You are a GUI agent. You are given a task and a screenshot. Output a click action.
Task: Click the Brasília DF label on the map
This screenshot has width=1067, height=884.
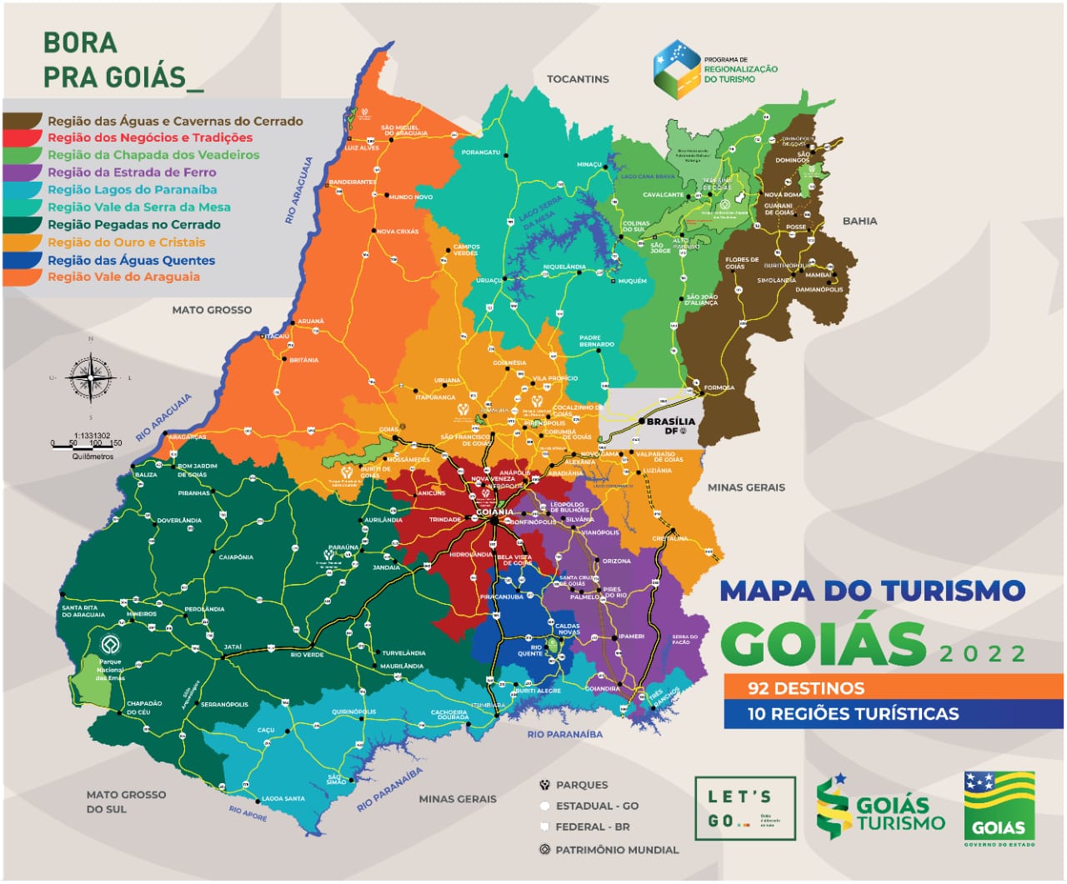tap(670, 425)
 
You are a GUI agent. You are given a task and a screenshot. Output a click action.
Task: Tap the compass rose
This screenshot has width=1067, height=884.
tap(90, 378)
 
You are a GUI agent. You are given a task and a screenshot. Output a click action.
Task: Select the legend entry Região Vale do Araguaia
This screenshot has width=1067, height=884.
tap(123, 277)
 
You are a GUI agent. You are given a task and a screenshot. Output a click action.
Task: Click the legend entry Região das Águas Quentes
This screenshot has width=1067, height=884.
tap(131, 260)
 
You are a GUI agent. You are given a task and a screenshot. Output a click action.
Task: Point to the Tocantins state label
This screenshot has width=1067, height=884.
tap(578, 79)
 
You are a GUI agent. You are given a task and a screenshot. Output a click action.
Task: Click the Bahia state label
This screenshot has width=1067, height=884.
tap(859, 221)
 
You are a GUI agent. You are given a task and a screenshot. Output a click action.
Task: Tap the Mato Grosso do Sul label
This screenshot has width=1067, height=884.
tap(126, 802)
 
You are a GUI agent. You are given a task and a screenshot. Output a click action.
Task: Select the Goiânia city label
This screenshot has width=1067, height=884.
tap(494, 512)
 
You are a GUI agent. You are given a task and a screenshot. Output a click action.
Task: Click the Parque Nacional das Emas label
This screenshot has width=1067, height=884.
tap(110, 670)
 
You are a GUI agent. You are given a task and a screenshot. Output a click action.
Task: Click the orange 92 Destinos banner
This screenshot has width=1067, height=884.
tap(893, 687)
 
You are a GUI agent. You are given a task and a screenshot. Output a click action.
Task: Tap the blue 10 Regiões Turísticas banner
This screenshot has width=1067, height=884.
tap(893, 713)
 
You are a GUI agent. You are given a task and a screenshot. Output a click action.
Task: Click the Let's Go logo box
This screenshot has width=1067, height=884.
tap(745, 808)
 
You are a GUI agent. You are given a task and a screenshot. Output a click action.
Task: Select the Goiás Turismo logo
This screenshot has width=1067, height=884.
tap(880, 807)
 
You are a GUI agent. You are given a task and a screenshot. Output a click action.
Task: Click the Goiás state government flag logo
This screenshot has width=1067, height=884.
tap(999, 808)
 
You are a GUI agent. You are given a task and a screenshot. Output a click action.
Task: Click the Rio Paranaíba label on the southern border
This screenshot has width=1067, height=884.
tap(564, 734)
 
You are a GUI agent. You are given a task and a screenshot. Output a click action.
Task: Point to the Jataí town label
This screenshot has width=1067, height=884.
tap(233, 647)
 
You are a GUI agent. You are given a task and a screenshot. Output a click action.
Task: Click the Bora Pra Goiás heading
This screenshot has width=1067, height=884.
tap(122, 60)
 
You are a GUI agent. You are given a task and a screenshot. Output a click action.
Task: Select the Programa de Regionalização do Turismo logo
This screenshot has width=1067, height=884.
tap(715, 70)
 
